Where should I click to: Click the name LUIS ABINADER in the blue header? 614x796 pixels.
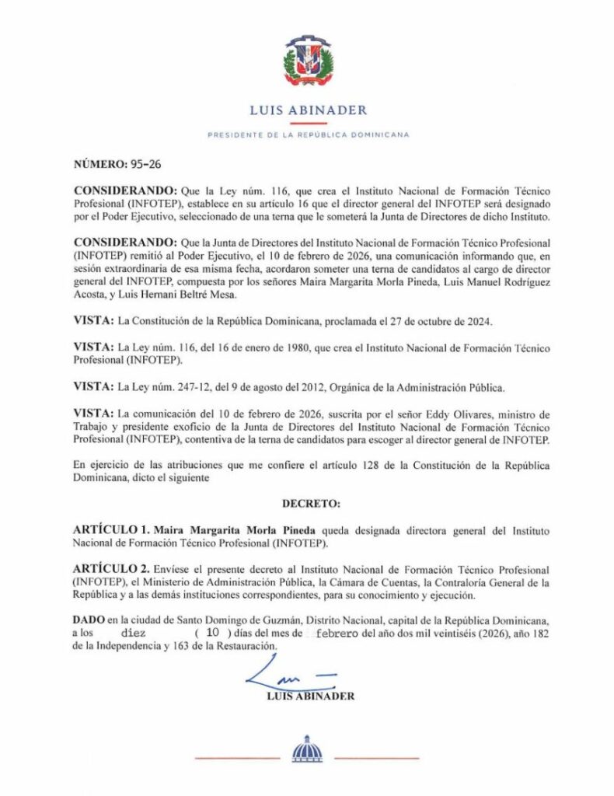coord(308,110)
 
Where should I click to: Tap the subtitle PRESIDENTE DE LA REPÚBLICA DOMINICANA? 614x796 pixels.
coord(308,134)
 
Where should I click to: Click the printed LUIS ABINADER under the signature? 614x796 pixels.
coord(309,696)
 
